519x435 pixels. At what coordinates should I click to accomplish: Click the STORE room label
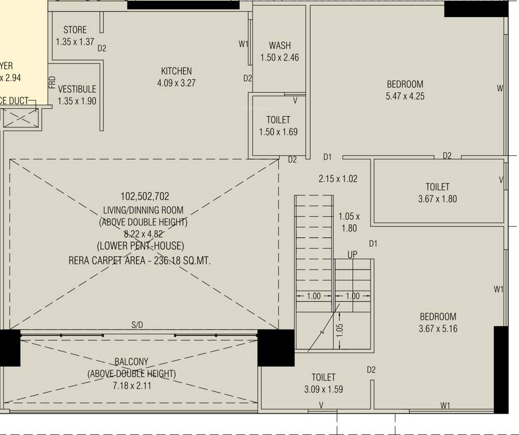(x=75, y=30)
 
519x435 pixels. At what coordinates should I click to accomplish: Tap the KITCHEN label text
(x=176, y=71)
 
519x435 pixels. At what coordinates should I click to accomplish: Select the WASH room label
(x=279, y=46)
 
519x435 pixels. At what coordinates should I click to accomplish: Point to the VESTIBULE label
(x=77, y=89)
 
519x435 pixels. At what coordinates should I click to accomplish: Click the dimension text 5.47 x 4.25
(x=405, y=96)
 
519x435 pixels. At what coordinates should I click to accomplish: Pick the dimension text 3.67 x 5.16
(x=437, y=329)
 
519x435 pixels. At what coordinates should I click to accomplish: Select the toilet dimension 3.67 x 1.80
(x=437, y=199)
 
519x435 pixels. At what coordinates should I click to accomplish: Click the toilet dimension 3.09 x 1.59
(x=324, y=389)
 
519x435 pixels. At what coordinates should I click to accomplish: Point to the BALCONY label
(x=131, y=362)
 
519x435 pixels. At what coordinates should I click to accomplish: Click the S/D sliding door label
(x=138, y=325)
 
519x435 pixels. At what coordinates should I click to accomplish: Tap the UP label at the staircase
(x=352, y=255)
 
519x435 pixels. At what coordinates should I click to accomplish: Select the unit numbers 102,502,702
(x=144, y=197)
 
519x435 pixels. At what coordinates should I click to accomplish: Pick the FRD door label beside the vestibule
(x=52, y=83)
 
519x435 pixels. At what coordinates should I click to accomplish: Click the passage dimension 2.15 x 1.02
(x=338, y=178)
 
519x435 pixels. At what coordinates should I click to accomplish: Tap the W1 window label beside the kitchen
(x=243, y=44)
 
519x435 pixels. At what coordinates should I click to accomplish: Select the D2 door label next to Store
(x=102, y=49)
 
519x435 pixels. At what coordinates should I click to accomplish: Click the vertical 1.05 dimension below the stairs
(x=339, y=329)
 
